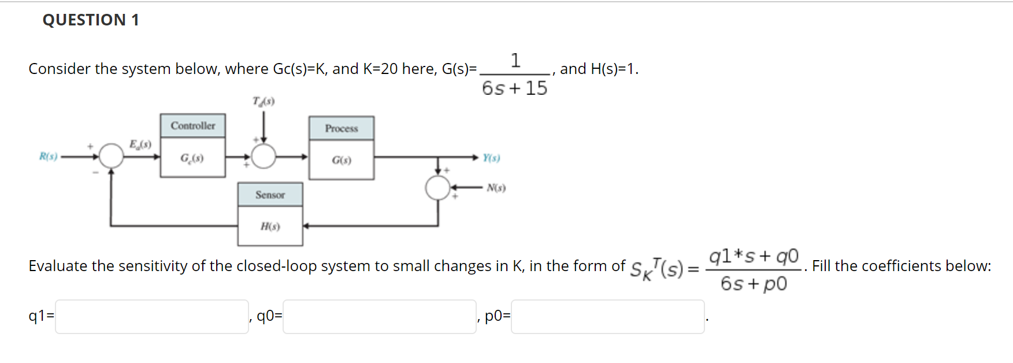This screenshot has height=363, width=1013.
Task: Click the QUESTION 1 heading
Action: click(91, 20)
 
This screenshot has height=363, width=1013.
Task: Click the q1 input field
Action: click(152, 316)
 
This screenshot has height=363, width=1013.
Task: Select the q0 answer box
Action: click(379, 316)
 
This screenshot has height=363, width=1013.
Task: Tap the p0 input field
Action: click(607, 316)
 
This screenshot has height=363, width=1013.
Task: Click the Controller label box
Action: click(193, 125)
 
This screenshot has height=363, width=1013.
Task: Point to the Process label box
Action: click(342, 128)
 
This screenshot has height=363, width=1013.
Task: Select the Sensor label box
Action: click(270, 195)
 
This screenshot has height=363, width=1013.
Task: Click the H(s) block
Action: click(270, 226)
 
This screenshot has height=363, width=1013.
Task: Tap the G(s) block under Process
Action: click(342, 160)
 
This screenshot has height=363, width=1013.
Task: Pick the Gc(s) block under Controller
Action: click(193, 157)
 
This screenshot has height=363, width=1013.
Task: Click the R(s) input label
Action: click(49, 156)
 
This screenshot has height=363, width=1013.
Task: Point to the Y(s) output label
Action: click(492, 158)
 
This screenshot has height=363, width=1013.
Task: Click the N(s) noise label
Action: click(496, 188)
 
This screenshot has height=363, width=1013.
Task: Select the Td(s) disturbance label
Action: click(264, 102)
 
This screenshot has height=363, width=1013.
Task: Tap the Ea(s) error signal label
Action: click(140, 144)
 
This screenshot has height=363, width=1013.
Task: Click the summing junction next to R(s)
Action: click(112, 156)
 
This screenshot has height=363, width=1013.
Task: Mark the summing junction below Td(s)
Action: click(264, 156)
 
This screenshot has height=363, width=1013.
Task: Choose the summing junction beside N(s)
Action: click(437, 188)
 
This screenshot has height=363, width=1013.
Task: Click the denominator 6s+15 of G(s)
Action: click(514, 88)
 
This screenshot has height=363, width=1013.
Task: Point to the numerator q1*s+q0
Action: click(754, 256)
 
